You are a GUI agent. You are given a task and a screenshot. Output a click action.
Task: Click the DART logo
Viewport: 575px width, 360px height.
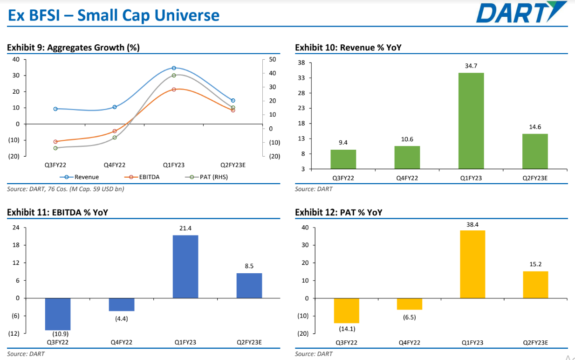pyautogui.click(x=521, y=13)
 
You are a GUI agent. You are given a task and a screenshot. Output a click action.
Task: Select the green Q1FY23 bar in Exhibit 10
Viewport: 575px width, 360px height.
pyautogui.click(x=471, y=121)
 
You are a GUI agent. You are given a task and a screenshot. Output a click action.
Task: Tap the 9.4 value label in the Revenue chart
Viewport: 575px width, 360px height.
pyautogui.click(x=343, y=143)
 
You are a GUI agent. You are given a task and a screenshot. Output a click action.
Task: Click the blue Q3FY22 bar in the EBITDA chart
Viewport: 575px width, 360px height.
pyautogui.click(x=58, y=314)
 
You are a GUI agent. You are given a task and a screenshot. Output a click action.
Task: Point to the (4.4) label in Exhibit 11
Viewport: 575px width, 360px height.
pyautogui.click(x=122, y=318)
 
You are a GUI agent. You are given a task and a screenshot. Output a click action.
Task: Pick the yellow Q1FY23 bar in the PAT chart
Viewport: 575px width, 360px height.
pyautogui.click(x=472, y=264)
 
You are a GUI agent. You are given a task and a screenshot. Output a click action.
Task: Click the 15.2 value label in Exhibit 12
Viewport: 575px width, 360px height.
pyautogui.click(x=535, y=264)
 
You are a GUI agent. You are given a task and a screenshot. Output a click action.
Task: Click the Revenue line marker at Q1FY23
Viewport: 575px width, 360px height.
pyautogui.click(x=174, y=68)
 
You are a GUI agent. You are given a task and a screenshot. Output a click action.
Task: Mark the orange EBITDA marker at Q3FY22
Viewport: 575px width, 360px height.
pyautogui.click(x=55, y=142)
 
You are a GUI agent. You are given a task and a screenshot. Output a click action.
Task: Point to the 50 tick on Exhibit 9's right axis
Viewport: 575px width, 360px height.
pyautogui.click(x=273, y=60)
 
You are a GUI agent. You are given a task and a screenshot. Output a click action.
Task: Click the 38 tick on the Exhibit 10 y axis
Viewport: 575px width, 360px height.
pyautogui.click(x=301, y=62)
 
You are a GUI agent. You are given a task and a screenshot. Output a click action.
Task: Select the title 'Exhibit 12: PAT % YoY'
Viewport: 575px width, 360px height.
pyautogui.click(x=339, y=212)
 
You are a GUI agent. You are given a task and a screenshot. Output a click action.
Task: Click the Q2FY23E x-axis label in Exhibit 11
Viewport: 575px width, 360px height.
pyautogui.click(x=249, y=342)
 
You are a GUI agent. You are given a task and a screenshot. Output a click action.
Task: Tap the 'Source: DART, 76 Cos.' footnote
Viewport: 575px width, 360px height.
pyautogui.click(x=66, y=189)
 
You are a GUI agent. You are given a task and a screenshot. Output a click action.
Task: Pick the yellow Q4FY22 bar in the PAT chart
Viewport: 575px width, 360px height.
pyautogui.click(x=409, y=304)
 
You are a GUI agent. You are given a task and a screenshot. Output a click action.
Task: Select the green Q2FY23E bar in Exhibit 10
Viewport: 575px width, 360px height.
pyautogui.click(x=534, y=151)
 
